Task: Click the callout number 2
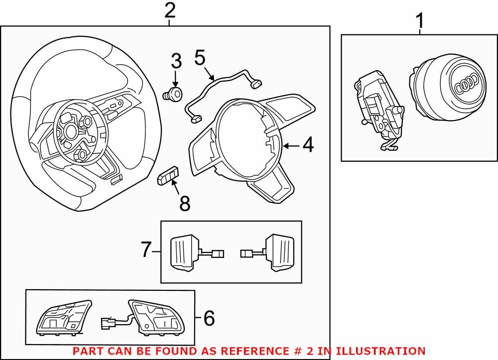170,10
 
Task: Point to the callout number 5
200,58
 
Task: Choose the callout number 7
145,249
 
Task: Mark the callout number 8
184,203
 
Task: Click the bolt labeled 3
174,93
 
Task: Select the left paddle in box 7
185,252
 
